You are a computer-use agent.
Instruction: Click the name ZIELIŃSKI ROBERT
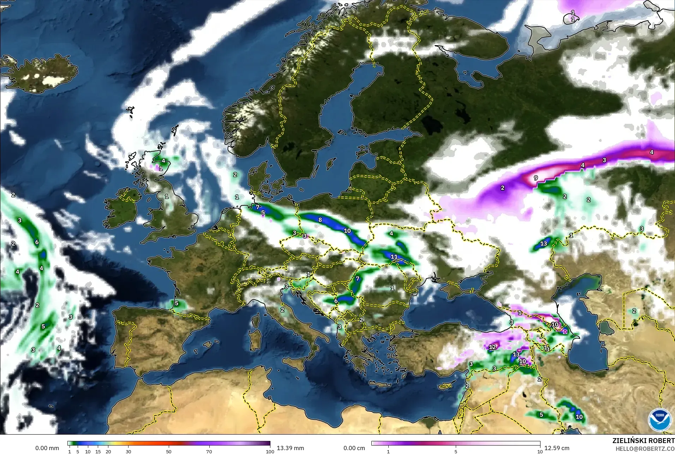tap(643, 441)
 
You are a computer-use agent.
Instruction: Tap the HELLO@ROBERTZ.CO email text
tap(645, 449)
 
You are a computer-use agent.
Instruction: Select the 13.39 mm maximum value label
tap(290, 448)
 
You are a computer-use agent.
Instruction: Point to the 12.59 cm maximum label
tap(556, 448)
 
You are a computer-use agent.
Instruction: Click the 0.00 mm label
tap(47, 448)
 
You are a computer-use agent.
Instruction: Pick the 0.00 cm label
tap(354, 448)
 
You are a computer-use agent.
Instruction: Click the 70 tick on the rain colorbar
tap(209, 451)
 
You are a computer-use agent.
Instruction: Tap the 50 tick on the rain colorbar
tap(169, 451)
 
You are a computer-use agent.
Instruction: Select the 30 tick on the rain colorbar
tap(129, 451)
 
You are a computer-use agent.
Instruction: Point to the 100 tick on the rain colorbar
tap(270, 451)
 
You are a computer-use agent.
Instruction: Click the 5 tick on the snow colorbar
tap(456, 451)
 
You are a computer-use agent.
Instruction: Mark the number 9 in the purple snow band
tap(536, 178)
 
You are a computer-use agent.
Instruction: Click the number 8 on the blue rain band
tap(320, 220)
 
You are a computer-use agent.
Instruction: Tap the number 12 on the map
tap(492, 347)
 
